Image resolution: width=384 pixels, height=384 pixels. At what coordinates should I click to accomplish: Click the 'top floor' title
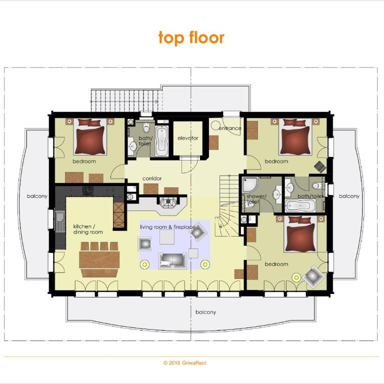point(191,37)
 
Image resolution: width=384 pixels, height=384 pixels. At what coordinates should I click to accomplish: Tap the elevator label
point(188,138)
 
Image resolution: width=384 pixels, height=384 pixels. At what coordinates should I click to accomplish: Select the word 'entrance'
point(230,128)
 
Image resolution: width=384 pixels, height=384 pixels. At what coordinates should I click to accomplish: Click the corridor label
point(152,178)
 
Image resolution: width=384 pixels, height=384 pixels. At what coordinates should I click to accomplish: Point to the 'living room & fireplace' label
point(168,227)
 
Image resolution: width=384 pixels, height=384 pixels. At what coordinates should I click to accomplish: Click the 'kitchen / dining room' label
point(88,229)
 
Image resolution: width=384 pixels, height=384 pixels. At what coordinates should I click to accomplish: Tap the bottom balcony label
point(205,312)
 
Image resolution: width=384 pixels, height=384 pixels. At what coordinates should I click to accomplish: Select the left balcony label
point(37,196)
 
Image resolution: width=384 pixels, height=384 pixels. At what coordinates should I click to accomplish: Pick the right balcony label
point(349,196)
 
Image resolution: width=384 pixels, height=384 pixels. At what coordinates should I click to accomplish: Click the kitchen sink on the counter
point(60,221)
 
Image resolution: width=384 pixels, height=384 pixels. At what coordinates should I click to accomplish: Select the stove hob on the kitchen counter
point(87,190)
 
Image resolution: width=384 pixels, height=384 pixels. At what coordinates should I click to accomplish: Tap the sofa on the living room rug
point(172,260)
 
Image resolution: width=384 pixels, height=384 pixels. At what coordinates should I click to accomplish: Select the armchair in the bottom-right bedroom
point(313,276)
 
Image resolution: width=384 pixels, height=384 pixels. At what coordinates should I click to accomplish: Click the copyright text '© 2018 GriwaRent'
point(185,362)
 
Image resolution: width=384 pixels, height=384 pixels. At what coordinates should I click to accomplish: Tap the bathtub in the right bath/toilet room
point(300,205)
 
